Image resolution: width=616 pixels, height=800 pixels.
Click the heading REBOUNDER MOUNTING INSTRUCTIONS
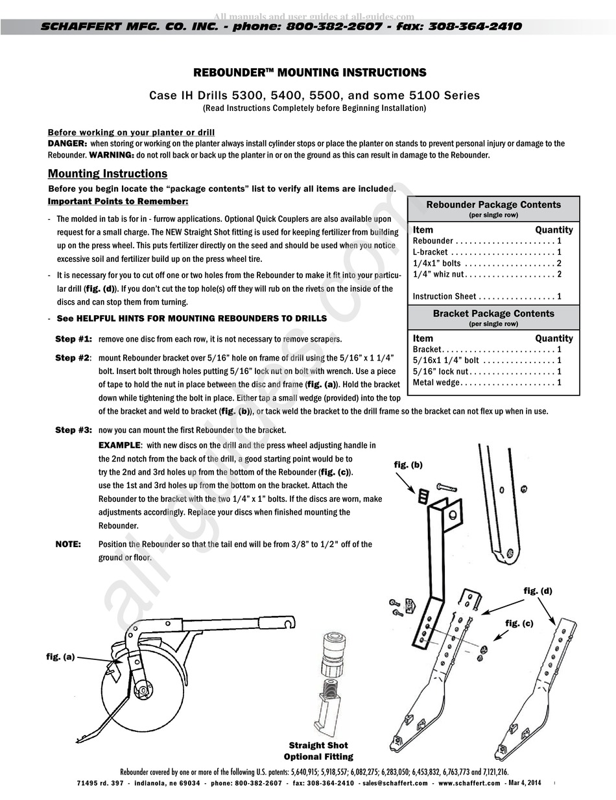click(x=310, y=73)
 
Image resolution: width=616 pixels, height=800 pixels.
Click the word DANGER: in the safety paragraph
click(x=67, y=143)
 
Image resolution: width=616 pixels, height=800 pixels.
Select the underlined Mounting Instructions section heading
click(x=108, y=174)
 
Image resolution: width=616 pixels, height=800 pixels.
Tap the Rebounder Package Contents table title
click(x=493, y=205)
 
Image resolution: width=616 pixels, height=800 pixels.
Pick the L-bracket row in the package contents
click(x=487, y=252)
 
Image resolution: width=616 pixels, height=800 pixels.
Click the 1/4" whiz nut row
click(x=487, y=274)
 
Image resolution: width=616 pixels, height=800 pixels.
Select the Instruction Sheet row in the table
click(x=487, y=296)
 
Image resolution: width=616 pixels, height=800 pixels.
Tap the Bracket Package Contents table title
click(x=493, y=314)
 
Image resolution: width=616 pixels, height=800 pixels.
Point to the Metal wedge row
click(x=487, y=382)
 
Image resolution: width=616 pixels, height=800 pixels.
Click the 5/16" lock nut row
click(x=487, y=371)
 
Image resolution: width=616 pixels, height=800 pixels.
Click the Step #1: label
click(x=73, y=339)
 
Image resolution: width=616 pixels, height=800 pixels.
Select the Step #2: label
click(x=73, y=358)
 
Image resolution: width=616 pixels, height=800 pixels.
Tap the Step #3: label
click(x=73, y=430)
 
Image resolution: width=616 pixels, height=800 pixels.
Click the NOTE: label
click(x=68, y=545)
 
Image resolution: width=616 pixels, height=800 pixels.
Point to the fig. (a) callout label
click(x=60, y=657)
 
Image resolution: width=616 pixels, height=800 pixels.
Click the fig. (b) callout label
click(x=408, y=465)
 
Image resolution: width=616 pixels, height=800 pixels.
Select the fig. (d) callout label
click(x=538, y=591)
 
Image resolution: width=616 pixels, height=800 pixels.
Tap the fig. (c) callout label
click(x=519, y=623)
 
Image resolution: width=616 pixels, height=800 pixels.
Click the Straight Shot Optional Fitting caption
click(x=318, y=751)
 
